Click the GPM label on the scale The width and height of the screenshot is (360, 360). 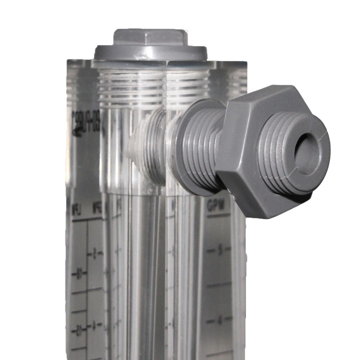click(x=216, y=207)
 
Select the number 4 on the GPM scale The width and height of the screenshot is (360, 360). click(x=219, y=319)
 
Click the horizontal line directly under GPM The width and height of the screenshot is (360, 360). click(x=218, y=215)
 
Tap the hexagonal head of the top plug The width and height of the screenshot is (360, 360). click(x=150, y=37)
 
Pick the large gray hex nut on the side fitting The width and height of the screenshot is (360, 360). click(x=252, y=151)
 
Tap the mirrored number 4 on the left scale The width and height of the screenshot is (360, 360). click(x=94, y=326)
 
